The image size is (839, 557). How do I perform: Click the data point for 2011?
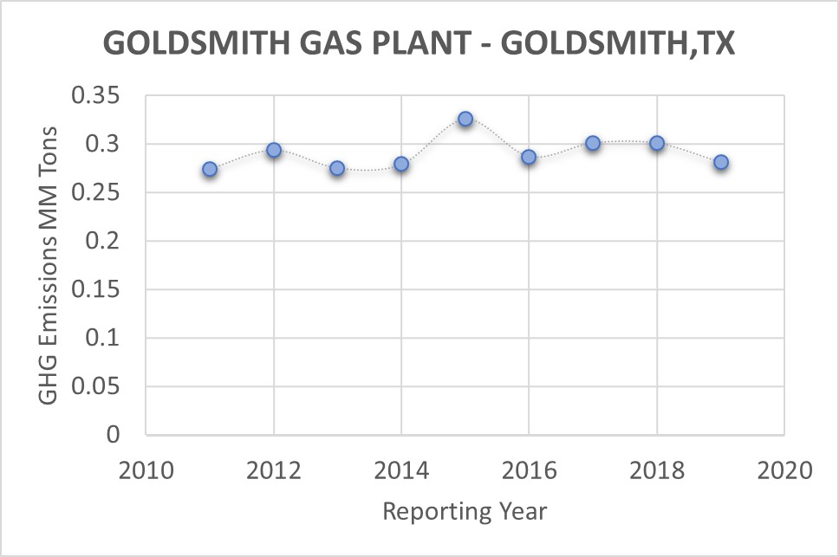(x=210, y=169)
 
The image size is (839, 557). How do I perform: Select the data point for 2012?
(x=274, y=150)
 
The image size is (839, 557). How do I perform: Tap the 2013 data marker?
(x=337, y=168)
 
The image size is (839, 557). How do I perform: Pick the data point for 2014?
(x=401, y=164)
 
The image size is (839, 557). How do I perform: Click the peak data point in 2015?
(x=465, y=119)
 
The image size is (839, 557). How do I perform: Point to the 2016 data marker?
(x=529, y=157)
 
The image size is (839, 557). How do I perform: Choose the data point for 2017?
(x=593, y=143)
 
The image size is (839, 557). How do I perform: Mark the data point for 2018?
(x=657, y=143)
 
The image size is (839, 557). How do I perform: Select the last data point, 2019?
(x=721, y=162)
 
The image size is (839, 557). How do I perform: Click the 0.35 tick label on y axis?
(x=99, y=96)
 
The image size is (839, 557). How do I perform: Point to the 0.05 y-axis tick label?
(x=99, y=387)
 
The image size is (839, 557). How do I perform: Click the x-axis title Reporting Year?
(x=465, y=511)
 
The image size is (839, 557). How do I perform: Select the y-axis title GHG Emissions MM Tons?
(x=49, y=265)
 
